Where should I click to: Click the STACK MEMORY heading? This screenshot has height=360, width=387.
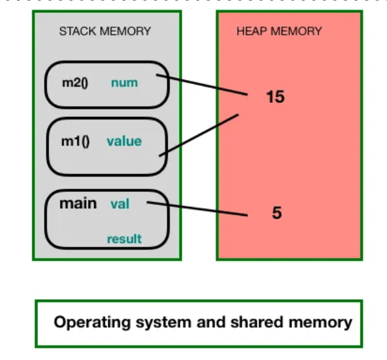click(105, 32)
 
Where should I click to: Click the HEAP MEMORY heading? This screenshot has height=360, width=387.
click(279, 32)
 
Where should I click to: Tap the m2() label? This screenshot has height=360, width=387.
click(75, 83)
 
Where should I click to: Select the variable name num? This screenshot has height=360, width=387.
click(125, 83)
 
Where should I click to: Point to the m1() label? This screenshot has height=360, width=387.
click(75, 142)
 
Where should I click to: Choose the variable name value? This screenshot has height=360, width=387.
click(124, 142)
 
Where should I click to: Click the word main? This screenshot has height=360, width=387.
click(78, 204)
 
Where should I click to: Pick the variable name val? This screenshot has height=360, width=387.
click(120, 204)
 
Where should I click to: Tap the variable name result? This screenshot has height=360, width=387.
click(124, 238)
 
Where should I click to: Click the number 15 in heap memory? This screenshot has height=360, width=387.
click(275, 96)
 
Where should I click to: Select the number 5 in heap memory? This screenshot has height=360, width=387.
click(277, 213)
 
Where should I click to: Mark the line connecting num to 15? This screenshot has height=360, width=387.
click(202, 85)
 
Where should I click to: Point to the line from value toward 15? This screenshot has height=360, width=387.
click(199, 135)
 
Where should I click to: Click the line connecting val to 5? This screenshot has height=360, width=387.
click(197, 209)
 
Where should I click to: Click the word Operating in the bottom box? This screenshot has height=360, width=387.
click(92, 323)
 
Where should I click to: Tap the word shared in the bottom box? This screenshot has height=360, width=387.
click(256, 322)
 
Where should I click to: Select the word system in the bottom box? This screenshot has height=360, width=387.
click(163, 323)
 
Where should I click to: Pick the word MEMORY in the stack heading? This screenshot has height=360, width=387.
click(125, 32)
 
